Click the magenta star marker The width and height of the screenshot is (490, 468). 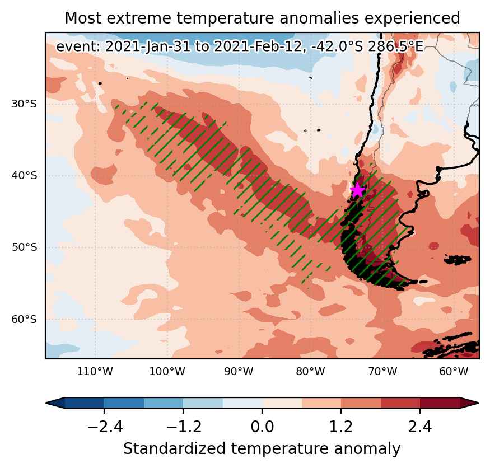[357, 190]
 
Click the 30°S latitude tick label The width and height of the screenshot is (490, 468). [24, 104]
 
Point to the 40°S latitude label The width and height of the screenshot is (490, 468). [24, 176]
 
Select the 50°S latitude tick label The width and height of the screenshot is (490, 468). [24, 247]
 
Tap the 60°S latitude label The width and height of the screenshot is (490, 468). [24, 320]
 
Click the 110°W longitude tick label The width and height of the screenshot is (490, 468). [95, 372]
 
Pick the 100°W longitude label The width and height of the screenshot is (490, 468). [167, 372]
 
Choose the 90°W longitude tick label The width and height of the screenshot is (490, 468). [239, 372]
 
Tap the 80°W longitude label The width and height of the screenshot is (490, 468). [310, 372]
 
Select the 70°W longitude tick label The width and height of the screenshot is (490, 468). [382, 372]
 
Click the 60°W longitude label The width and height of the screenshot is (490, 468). [454, 372]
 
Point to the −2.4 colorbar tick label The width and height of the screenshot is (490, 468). [105, 427]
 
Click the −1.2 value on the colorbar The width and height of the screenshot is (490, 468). [184, 427]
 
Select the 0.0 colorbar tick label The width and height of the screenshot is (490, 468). [262, 427]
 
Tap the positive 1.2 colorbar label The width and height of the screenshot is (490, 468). [341, 427]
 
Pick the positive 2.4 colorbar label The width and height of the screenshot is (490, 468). [419, 427]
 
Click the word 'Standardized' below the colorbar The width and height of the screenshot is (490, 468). [174, 449]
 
